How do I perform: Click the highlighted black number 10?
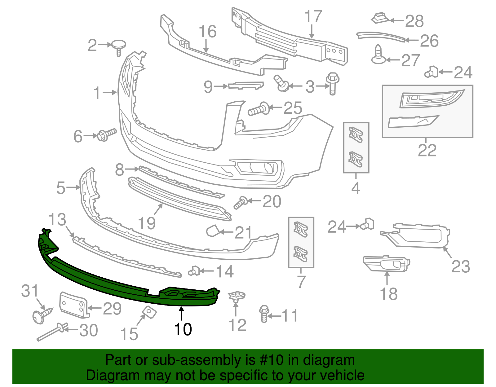click(x=183, y=329)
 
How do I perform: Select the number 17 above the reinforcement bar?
click(x=313, y=16)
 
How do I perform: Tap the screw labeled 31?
click(x=42, y=315)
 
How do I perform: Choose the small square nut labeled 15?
click(x=149, y=312)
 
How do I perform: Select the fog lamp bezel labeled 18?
click(x=387, y=264)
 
